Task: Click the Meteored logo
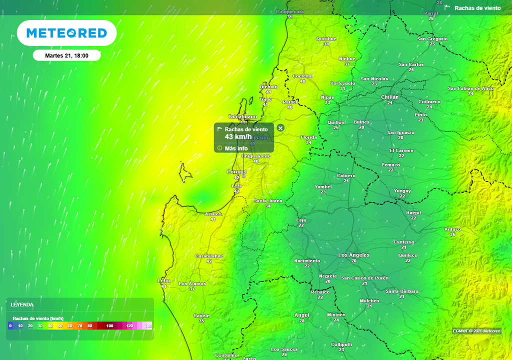[66, 33]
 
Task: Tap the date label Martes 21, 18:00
[66, 55]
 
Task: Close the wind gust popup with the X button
[280, 128]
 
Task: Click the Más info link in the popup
[236, 148]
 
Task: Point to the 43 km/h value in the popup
[238, 136]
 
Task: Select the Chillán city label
[389, 97]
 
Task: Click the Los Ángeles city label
[354, 255]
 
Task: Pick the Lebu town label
[163, 280]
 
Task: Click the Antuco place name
[452, 229]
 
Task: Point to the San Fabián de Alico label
[470, 88]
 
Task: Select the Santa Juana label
[268, 201]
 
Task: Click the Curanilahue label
[209, 255]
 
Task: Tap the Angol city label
[302, 315]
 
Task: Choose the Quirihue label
[326, 38]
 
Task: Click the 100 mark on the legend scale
[110, 326]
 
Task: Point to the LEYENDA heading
[22, 304]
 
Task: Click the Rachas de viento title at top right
[477, 8]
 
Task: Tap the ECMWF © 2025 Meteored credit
[476, 331]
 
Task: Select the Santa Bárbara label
[402, 291]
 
